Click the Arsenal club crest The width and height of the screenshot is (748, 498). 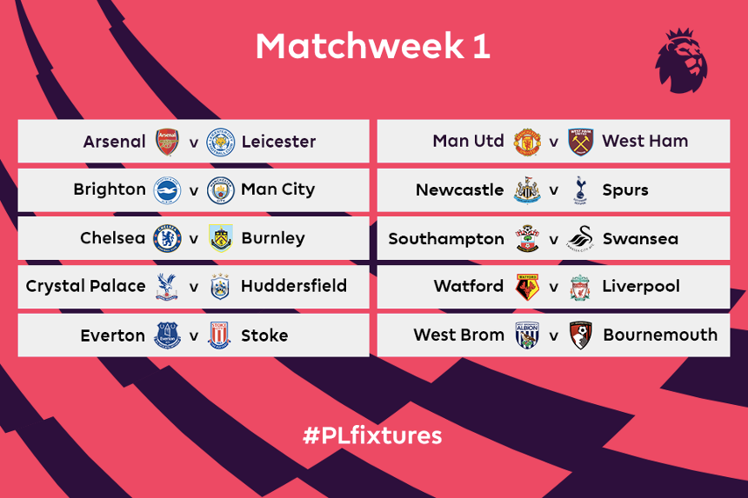(x=168, y=142)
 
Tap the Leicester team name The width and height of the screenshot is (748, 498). (x=278, y=142)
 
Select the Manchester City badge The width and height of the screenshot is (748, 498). (x=220, y=190)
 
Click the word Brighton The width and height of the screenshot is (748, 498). (x=110, y=189)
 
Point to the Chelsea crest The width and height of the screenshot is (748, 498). (x=167, y=238)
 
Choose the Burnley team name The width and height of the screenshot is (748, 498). (x=273, y=238)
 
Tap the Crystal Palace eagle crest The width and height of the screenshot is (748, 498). (x=166, y=287)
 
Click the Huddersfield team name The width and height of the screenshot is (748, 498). (x=294, y=286)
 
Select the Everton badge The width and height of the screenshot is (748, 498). (x=168, y=335)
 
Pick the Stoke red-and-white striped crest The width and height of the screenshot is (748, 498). (x=219, y=335)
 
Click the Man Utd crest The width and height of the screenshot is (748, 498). (x=527, y=142)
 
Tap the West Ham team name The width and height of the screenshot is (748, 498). (x=645, y=141)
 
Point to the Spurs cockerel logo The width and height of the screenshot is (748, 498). (x=580, y=190)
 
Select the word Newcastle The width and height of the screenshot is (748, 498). (x=460, y=190)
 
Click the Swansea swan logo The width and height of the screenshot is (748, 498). (x=580, y=238)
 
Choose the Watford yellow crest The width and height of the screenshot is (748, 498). (x=527, y=287)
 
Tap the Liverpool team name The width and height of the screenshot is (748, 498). (x=641, y=286)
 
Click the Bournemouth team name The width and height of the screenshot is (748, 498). (x=660, y=335)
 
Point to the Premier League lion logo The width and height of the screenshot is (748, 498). (x=681, y=61)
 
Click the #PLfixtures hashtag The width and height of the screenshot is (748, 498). (x=372, y=435)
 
